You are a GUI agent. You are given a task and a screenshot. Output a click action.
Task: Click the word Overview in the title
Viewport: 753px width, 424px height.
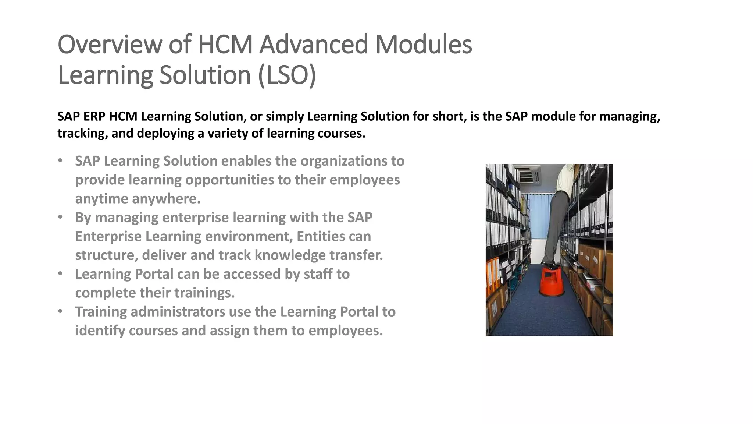pyautogui.click(x=110, y=45)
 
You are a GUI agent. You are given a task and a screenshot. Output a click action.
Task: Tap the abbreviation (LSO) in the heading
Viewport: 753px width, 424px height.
pyautogui.click(x=287, y=75)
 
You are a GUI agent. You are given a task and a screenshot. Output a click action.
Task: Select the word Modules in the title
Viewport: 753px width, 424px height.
pyautogui.click(x=423, y=45)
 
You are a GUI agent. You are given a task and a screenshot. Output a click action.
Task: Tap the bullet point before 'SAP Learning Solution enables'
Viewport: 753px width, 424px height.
pyautogui.click(x=60, y=161)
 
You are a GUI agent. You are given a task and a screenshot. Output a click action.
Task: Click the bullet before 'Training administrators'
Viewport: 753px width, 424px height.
pyautogui.click(x=60, y=312)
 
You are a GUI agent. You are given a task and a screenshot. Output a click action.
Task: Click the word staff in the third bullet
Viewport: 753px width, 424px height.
pyautogui.click(x=317, y=274)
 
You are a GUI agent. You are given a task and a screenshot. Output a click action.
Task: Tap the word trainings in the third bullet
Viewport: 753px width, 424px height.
pyautogui.click(x=204, y=293)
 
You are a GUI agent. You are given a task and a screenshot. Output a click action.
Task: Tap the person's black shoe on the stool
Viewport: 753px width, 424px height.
pyautogui.click(x=550, y=265)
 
